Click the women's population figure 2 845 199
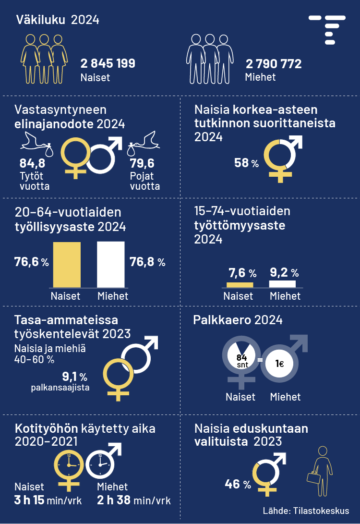(108, 64)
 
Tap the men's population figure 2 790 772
(274, 64)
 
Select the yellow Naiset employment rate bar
(67, 265)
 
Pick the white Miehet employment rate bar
(111, 265)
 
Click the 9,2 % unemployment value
(284, 273)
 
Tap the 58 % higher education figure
(246, 163)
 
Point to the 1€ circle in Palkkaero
(279, 364)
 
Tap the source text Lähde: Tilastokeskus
(306, 511)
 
